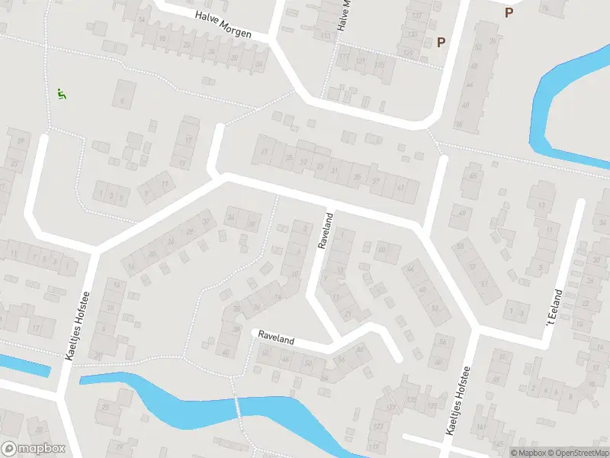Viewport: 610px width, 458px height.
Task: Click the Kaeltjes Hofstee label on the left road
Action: pyautogui.click(x=85, y=327)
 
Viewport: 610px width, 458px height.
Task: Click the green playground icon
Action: pyautogui.click(x=61, y=95)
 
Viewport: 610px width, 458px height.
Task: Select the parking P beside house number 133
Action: pyautogui.click(x=441, y=43)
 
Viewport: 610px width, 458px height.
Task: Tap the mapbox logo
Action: pyautogui.click(x=34, y=449)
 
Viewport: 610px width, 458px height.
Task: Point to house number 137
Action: pyautogui.click(x=416, y=16)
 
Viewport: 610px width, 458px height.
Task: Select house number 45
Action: pyautogui.click(x=474, y=176)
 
